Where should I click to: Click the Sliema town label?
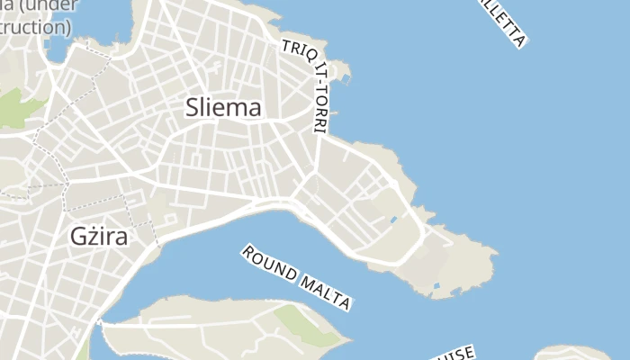pos(223,107)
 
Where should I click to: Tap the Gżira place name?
pos(98,238)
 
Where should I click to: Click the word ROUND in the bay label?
pos(269,263)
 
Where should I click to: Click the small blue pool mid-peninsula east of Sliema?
pos(393,219)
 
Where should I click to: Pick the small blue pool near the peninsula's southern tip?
pos(436,286)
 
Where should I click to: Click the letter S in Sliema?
pos(193,107)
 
